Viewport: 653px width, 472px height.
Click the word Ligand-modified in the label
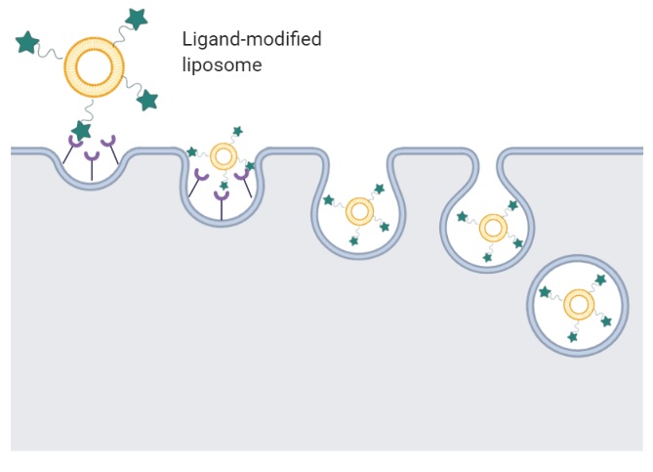pos(251,40)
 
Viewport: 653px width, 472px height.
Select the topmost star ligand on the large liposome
pos(136,18)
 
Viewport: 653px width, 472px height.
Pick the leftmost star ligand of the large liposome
pos(26,43)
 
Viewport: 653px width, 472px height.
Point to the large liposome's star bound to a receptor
pos(82,130)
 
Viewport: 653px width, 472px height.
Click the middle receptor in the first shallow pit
pos(92,157)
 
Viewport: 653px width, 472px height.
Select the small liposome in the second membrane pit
pos(224,155)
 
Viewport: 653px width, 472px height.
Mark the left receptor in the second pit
pos(202,176)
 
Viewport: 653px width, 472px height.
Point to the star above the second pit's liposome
pos(236,131)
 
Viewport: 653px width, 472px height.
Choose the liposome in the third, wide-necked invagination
pos(359,212)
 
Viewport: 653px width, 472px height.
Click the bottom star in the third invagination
pos(354,239)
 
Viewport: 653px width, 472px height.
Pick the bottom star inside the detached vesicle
pos(573,337)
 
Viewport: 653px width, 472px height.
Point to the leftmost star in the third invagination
pos(330,200)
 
